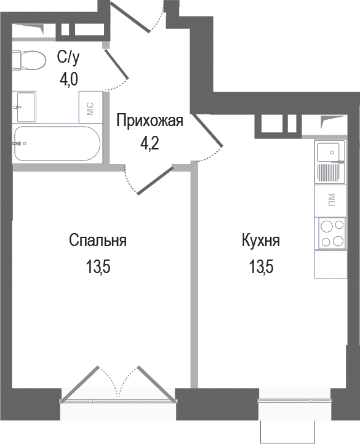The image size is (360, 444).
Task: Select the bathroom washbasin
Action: [25, 106]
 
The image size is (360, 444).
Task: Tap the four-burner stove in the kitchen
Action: [330, 233]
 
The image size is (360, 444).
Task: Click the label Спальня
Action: [98, 240]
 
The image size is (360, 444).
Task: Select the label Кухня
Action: [260, 240]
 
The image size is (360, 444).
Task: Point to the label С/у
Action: [68, 58]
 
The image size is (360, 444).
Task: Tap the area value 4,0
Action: [68, 81]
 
